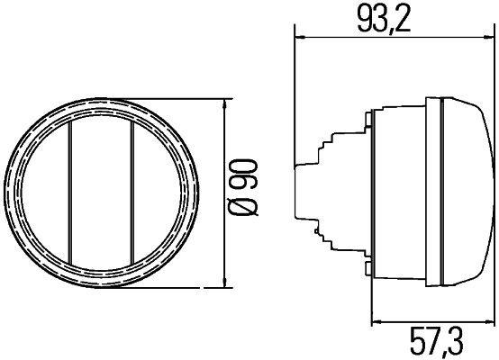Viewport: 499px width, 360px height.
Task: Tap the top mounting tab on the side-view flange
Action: (x=369, y=117)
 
